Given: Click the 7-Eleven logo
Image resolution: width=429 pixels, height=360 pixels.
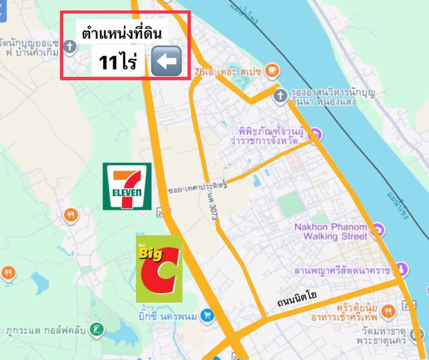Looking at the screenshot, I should (127, 186).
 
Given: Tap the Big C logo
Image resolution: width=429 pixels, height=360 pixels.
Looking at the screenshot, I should (159, 269).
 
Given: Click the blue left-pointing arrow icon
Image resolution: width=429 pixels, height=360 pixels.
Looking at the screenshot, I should (166, 61).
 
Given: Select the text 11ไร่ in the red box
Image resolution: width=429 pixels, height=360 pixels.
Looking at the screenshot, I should (118, 62).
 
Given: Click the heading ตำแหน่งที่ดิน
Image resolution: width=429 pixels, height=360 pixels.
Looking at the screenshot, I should (121, 34).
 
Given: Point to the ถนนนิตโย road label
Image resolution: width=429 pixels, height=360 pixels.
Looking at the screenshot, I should (297, 299).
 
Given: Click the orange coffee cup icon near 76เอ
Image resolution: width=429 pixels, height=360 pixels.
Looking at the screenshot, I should (273, 70).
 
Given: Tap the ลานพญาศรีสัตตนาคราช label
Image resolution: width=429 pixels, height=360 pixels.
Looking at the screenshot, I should (342, 271).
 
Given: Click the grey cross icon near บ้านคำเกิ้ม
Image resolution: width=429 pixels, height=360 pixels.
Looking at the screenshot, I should (70, 47).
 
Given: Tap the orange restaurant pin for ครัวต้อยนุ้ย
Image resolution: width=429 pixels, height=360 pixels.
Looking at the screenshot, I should (388, 311).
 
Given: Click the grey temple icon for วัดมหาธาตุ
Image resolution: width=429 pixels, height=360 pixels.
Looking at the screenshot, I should (416, 336).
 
